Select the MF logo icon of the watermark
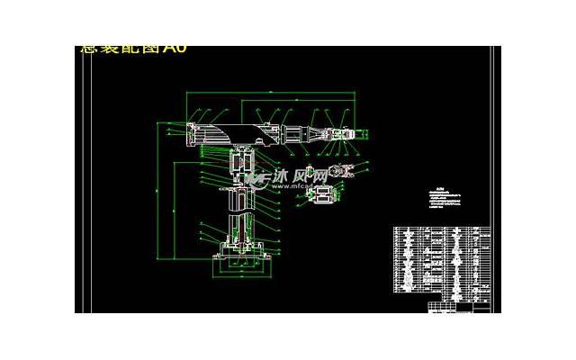(256, 180)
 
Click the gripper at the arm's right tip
(347, 134)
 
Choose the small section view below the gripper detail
(320, 195)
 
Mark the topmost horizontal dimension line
(270, 93)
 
